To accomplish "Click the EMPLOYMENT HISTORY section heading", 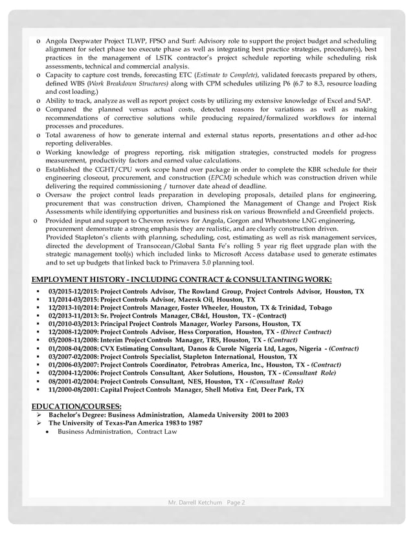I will click(182, 279).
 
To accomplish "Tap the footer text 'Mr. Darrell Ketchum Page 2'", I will click(206, 502).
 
